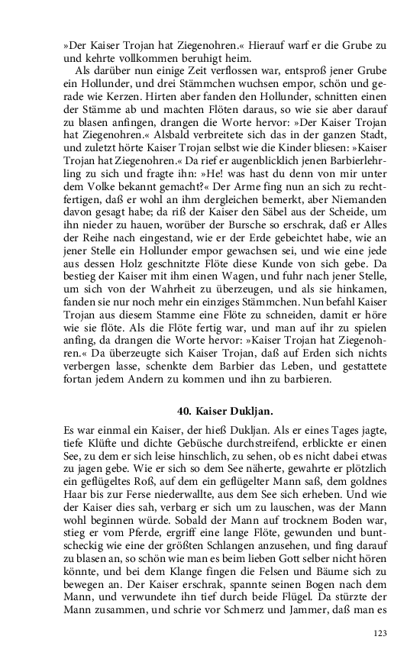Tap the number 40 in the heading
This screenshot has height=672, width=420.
[x=185, y=410]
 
